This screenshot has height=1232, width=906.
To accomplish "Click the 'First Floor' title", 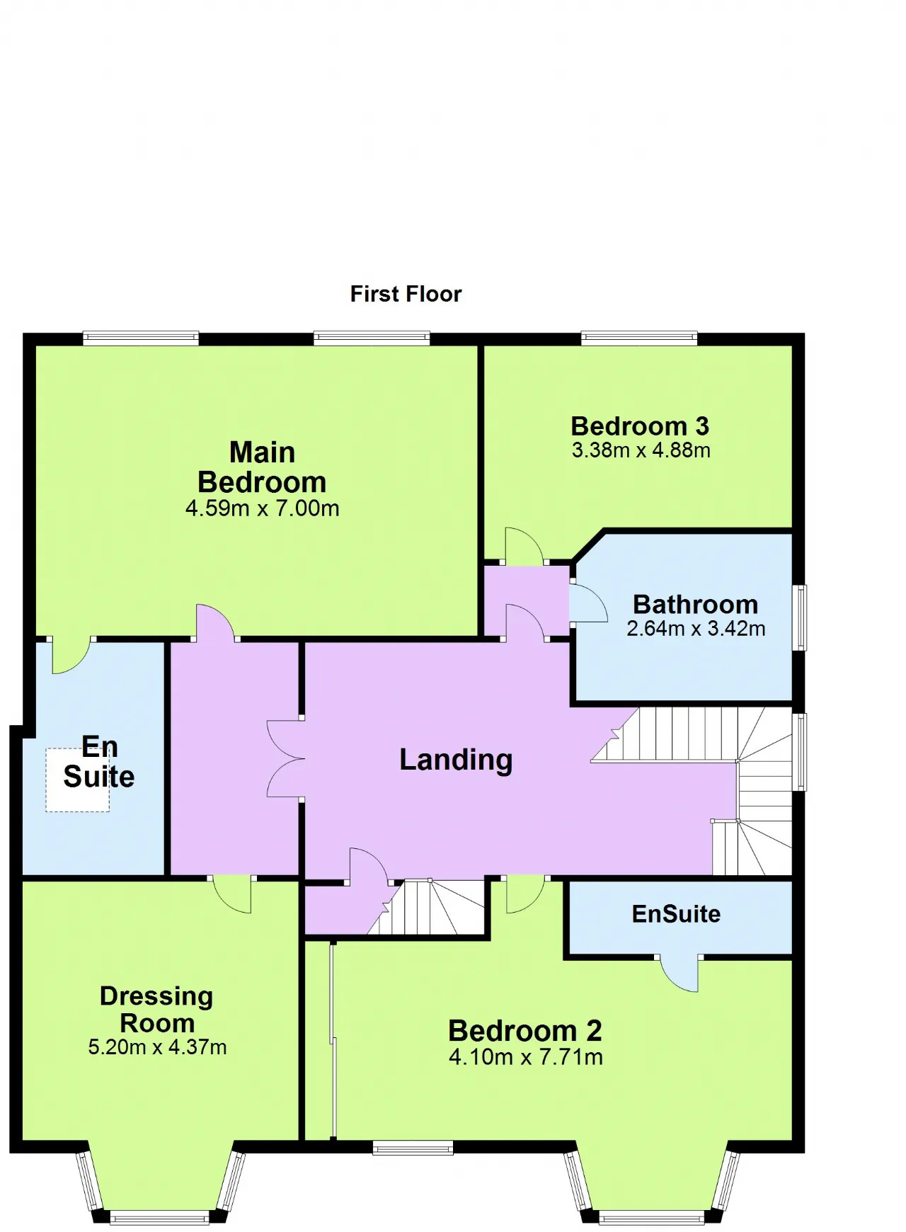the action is click(x=406, y=294).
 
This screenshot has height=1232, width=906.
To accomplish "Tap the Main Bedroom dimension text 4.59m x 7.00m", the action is click(x=262, y=508).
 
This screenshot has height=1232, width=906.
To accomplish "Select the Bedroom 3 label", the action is click(x=640, y=426).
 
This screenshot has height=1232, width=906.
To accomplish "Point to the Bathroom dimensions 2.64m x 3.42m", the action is click(x=696, y=629).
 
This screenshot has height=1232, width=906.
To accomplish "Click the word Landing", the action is click(x=456, y=760).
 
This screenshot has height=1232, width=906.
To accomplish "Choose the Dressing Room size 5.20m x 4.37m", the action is click(x=157, y=1047).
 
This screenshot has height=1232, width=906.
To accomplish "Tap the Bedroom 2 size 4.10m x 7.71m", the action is click(x=526, y=1057).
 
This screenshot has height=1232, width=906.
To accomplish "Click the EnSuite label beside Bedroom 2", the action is click(x=676, y=914).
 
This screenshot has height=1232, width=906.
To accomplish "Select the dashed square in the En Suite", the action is click(x=78, y=780).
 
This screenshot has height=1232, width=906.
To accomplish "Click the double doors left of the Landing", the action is click(x=286, y=758).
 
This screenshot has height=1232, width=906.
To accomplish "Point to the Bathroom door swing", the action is click(x=588, y=602).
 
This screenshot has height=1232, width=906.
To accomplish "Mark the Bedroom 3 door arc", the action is click(x=524, y=547).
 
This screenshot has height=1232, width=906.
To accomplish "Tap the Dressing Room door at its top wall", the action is click(x=232, y=894).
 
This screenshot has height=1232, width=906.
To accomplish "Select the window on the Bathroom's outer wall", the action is click(x=799, y=617).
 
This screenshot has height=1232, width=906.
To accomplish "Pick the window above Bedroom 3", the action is click(x=639, y=338).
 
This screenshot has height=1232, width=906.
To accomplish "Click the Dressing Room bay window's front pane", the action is click(x=160, y=1219).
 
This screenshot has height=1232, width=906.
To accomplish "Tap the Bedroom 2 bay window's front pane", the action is click(x=651, y=1219).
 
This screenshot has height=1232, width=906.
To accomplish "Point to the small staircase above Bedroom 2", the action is click(x=425, y=907).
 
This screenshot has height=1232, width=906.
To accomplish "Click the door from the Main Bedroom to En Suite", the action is click(x=71, y=656).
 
